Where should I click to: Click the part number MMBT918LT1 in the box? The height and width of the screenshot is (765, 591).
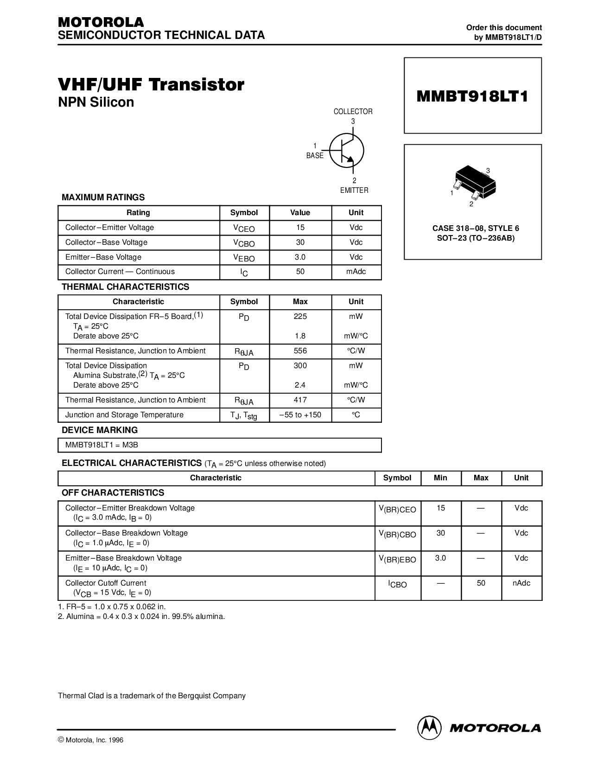[x=472, y=96]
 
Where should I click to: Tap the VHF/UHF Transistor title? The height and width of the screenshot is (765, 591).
[x=151, y=84]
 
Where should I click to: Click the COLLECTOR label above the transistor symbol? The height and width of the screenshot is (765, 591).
[x=353, y=111]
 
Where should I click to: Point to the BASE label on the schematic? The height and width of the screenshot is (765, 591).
[x=315, y=155]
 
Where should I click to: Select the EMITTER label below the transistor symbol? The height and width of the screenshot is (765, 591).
[x=354, y=190]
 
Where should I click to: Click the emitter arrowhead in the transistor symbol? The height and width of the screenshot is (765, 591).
[x=350, y=159]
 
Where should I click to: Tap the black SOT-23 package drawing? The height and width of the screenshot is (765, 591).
[x=475, y=182]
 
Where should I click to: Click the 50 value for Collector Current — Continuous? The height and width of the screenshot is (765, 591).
[x=300, y=271]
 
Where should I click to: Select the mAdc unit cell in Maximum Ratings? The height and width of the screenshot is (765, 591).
[x=356, y=271]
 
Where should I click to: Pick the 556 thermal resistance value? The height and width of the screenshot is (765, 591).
[x=300, y=351]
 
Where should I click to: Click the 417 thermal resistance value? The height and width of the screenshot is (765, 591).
[x=300, y=400]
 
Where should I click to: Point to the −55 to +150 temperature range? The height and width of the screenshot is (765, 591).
[x=300, y=414]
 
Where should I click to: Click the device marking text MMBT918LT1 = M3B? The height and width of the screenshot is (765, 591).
[x=102, y=445]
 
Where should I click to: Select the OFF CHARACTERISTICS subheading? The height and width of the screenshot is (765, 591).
[x=113, y=492]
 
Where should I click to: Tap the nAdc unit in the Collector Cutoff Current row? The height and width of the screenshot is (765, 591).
[x=521, y=583]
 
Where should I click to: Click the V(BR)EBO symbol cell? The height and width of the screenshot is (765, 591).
[x=397, y=560]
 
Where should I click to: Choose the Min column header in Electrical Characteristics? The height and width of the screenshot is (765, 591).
[x=440, y=478]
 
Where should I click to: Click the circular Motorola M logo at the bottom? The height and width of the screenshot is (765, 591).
[x=429, y=728]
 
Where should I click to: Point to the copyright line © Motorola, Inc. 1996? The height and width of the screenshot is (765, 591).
[x=90, y=740]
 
